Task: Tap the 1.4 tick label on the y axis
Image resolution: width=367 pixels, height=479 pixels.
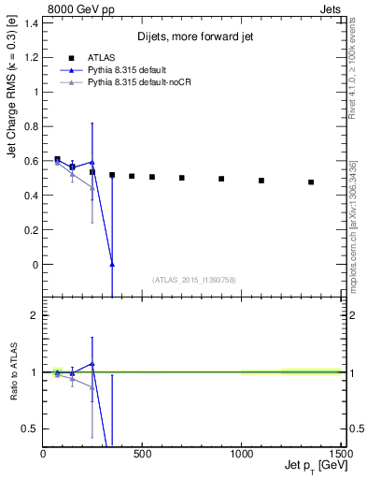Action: tap(29, 23)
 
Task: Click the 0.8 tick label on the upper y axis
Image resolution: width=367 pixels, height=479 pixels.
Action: tap(29, 127)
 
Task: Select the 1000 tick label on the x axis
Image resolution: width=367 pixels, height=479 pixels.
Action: tap(241, 454)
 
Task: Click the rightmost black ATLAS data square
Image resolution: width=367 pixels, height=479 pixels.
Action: tap(311, 182)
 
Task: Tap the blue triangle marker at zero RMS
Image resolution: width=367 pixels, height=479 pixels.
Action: tap(112, 265)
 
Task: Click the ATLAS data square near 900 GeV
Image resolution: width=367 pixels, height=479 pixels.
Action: tap(221, 179)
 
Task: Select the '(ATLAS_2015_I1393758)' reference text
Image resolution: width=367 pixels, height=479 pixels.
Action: tap(194, 279)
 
